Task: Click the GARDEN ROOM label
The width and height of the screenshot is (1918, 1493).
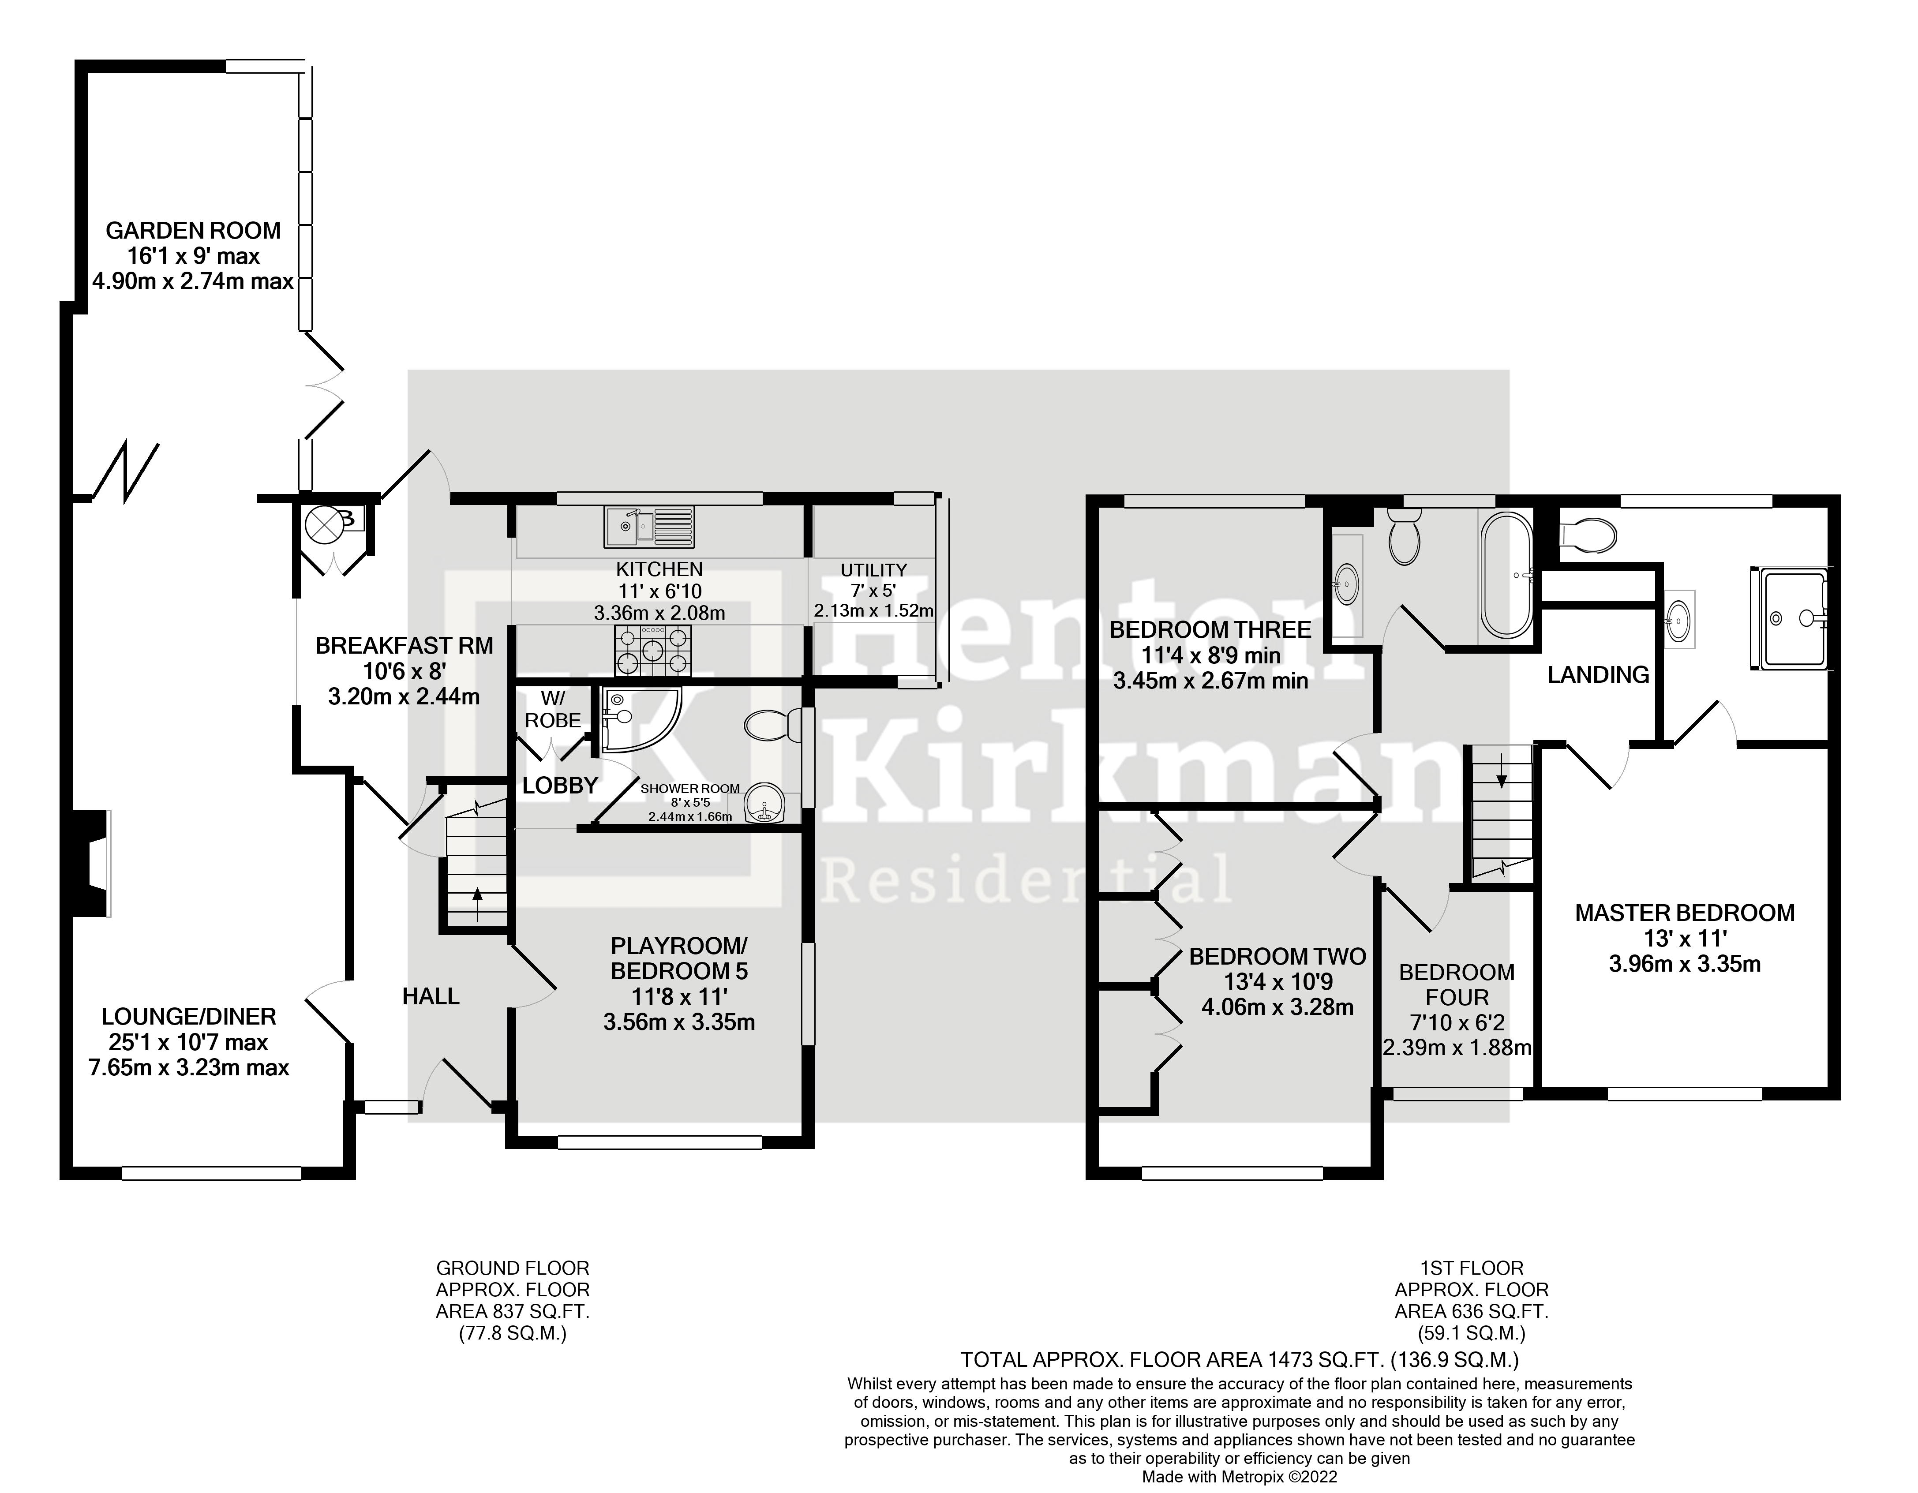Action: [x=193, y=231]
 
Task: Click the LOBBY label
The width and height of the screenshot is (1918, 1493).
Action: [x=559, y=785]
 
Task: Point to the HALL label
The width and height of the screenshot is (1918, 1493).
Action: [x=431, y=996]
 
